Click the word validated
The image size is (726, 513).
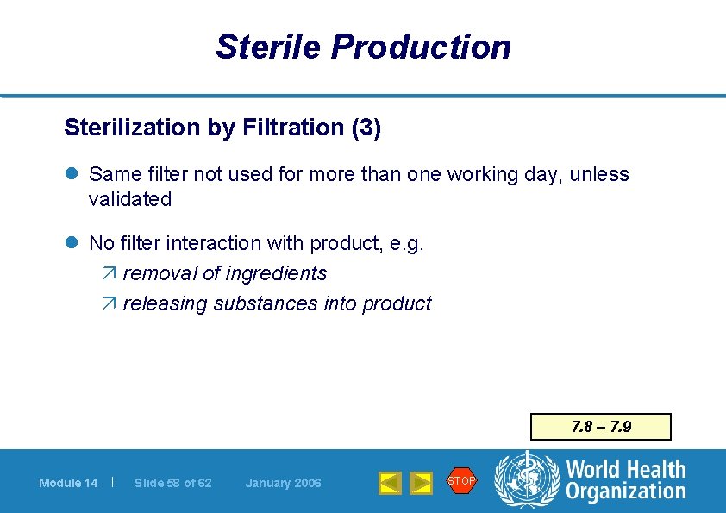(130, 199)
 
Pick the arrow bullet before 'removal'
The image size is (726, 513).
(109, 274)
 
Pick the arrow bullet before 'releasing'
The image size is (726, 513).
(109, 304)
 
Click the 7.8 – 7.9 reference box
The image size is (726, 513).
(601, 427)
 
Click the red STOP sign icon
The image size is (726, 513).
(461, 480)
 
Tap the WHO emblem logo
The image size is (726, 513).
(525, 479)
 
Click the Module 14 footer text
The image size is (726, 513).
(68, 483)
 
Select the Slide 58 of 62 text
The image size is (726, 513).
(173, 483)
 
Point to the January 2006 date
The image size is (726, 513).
(283, 483)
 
